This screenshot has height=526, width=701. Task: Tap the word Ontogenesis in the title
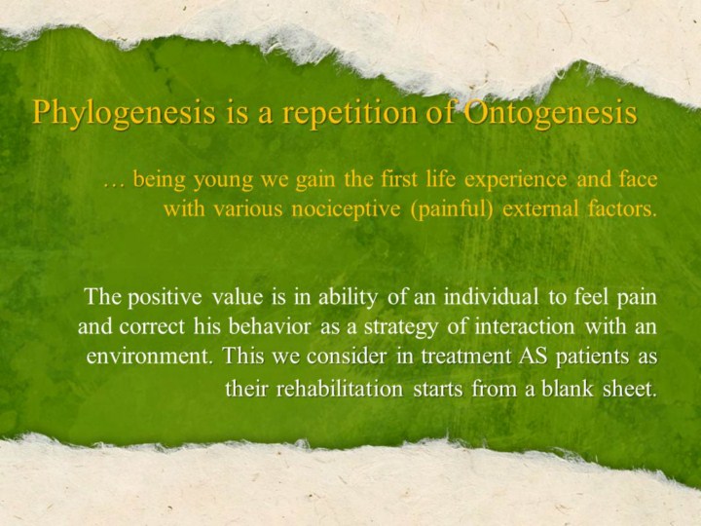point(550,112)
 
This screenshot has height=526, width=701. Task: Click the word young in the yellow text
point(224,181)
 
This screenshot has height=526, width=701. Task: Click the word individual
point(491,296)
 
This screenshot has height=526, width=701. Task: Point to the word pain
point(637,298)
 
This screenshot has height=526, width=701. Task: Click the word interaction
point(525,326)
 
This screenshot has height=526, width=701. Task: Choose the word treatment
point(460,357)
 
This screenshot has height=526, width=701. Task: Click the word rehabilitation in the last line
point(340,389)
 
